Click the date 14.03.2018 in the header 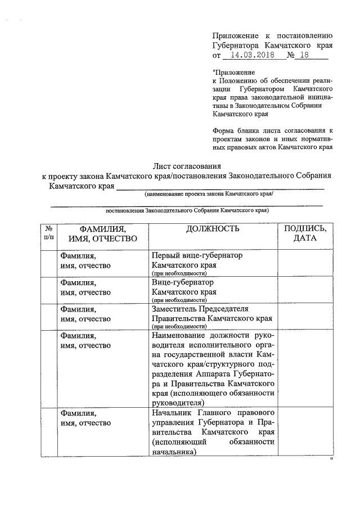point(251,56)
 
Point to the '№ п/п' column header point(48,233)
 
